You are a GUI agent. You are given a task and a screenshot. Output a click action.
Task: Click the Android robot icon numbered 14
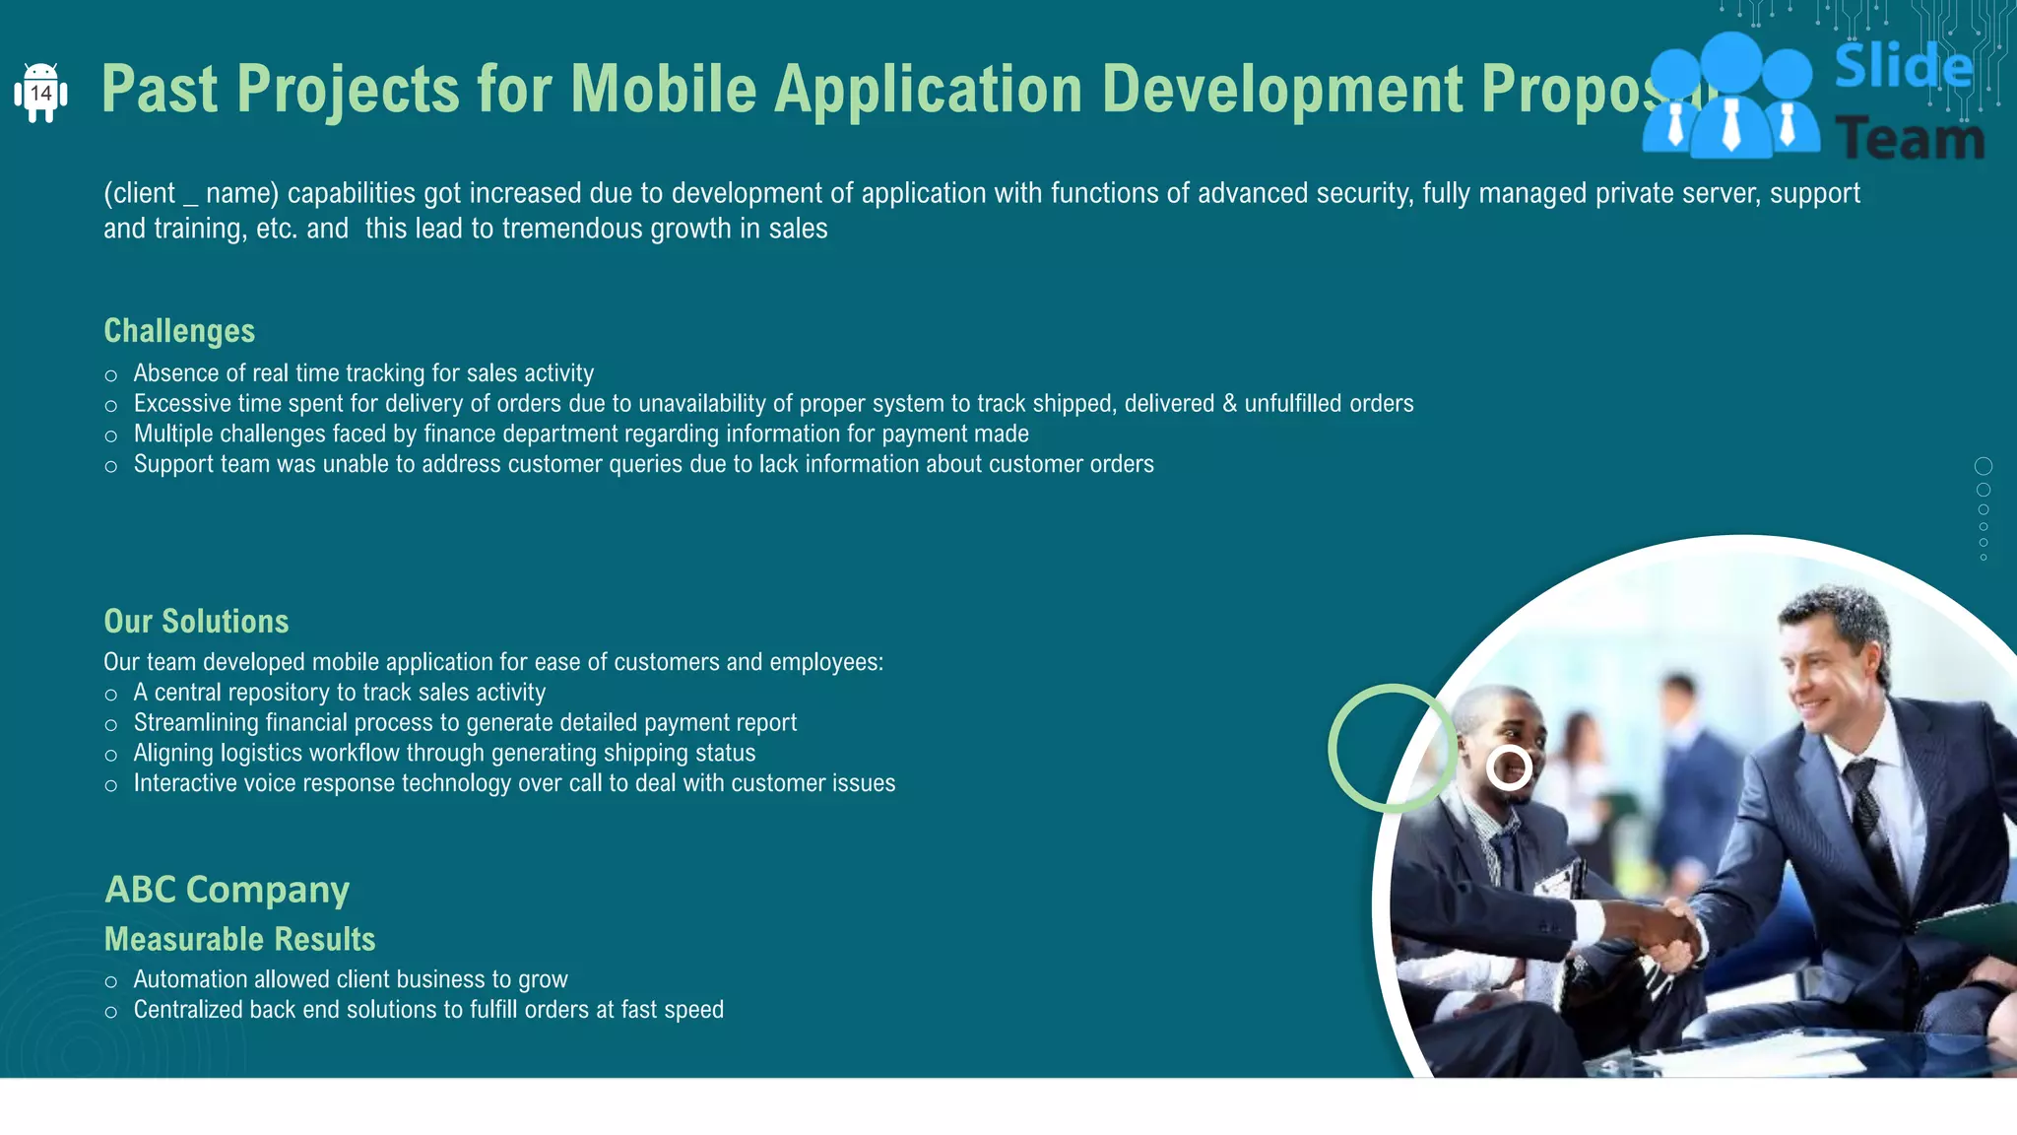(40, 93)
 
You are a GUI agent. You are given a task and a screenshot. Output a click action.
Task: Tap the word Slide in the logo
(1904, 67)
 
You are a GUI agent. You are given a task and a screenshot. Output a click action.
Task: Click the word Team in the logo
(1910, 139)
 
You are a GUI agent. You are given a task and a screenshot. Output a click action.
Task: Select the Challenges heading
(179, 331)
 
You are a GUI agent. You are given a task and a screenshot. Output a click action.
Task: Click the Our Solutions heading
(196, 622)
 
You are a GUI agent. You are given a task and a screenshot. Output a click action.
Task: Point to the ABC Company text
(227, 890)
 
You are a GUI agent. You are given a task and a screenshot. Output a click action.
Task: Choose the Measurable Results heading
(239, 939)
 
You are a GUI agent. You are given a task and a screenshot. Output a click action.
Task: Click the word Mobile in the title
(663, 90)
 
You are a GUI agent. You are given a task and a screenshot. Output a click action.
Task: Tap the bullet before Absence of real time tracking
(111, 375)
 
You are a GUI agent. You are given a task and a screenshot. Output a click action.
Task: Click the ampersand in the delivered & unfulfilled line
(1229, 404)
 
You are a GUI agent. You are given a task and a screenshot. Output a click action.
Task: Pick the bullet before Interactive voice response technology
(111, 785)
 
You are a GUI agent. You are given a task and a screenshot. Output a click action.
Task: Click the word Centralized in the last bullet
(188, 1010)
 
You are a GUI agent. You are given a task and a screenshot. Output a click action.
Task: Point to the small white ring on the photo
(1509, 768)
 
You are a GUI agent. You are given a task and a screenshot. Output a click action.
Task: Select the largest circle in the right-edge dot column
(1984, 466)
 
